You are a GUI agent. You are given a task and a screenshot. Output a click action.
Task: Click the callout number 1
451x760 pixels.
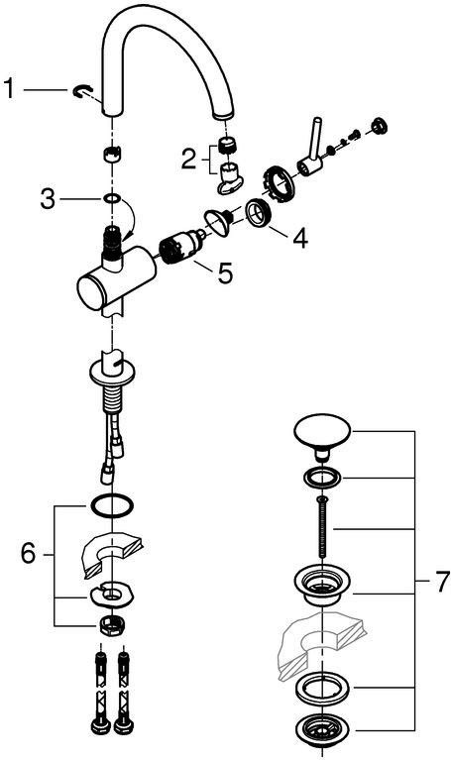pos(9,89)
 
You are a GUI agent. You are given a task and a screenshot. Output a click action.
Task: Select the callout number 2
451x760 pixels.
pos(188,159)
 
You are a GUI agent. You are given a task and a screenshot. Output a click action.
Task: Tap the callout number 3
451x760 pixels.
pos(48,199)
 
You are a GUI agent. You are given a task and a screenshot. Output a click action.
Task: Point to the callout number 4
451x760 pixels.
pos(300,239)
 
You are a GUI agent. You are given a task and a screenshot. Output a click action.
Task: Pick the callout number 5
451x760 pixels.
pos(225,273)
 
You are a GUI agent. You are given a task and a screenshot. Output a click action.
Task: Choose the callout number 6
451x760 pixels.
pos(28,554)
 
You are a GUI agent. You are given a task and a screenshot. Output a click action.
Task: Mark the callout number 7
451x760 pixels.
pos(442,582)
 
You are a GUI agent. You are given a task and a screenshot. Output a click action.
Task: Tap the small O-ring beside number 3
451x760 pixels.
pos(113,198)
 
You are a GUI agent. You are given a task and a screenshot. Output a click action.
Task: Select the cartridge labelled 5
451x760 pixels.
pos(180,246)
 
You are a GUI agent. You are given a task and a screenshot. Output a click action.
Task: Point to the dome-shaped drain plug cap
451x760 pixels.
pos(322,434)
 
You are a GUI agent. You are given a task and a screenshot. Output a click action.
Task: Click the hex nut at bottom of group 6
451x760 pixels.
pos(112,626)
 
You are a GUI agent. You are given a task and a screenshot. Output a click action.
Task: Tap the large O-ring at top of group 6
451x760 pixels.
pos(112,506)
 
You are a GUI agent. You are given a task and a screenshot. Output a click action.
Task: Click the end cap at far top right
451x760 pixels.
pos(380,125)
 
